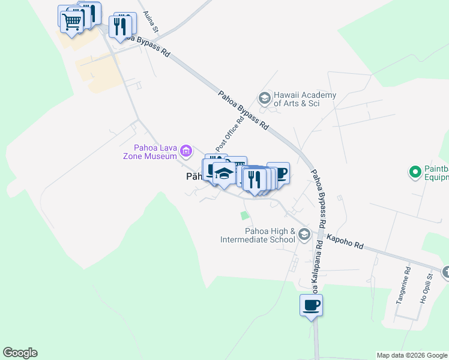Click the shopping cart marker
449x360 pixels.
pos(71,22)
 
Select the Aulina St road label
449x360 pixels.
pos(150,22)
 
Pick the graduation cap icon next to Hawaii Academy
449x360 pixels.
pos(264,97)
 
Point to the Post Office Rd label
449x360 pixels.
pos(230,132)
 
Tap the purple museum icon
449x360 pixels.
pos(186,150)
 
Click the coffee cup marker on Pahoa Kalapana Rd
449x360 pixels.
pos(311,305)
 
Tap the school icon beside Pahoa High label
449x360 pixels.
pos(304,234)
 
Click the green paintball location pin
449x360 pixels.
pos(414,173)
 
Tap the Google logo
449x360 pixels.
pos(20,353)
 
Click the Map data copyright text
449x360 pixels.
pos(411,355)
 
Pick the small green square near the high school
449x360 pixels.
pos(244,215)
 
